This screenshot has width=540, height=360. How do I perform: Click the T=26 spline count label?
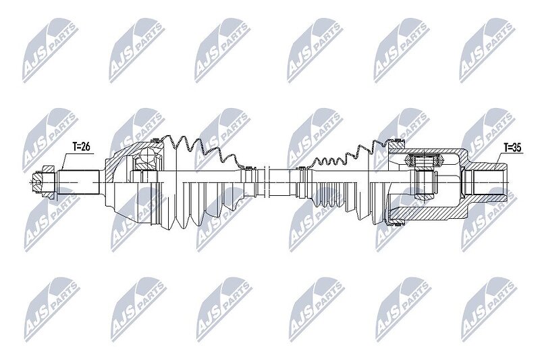81,147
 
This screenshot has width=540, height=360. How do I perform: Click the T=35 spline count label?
512,147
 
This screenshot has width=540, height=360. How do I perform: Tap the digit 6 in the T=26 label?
88,147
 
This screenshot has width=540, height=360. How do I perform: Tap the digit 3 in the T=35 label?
516,147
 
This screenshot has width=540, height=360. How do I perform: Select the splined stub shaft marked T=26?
78,182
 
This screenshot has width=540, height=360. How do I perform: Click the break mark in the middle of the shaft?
266,182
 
